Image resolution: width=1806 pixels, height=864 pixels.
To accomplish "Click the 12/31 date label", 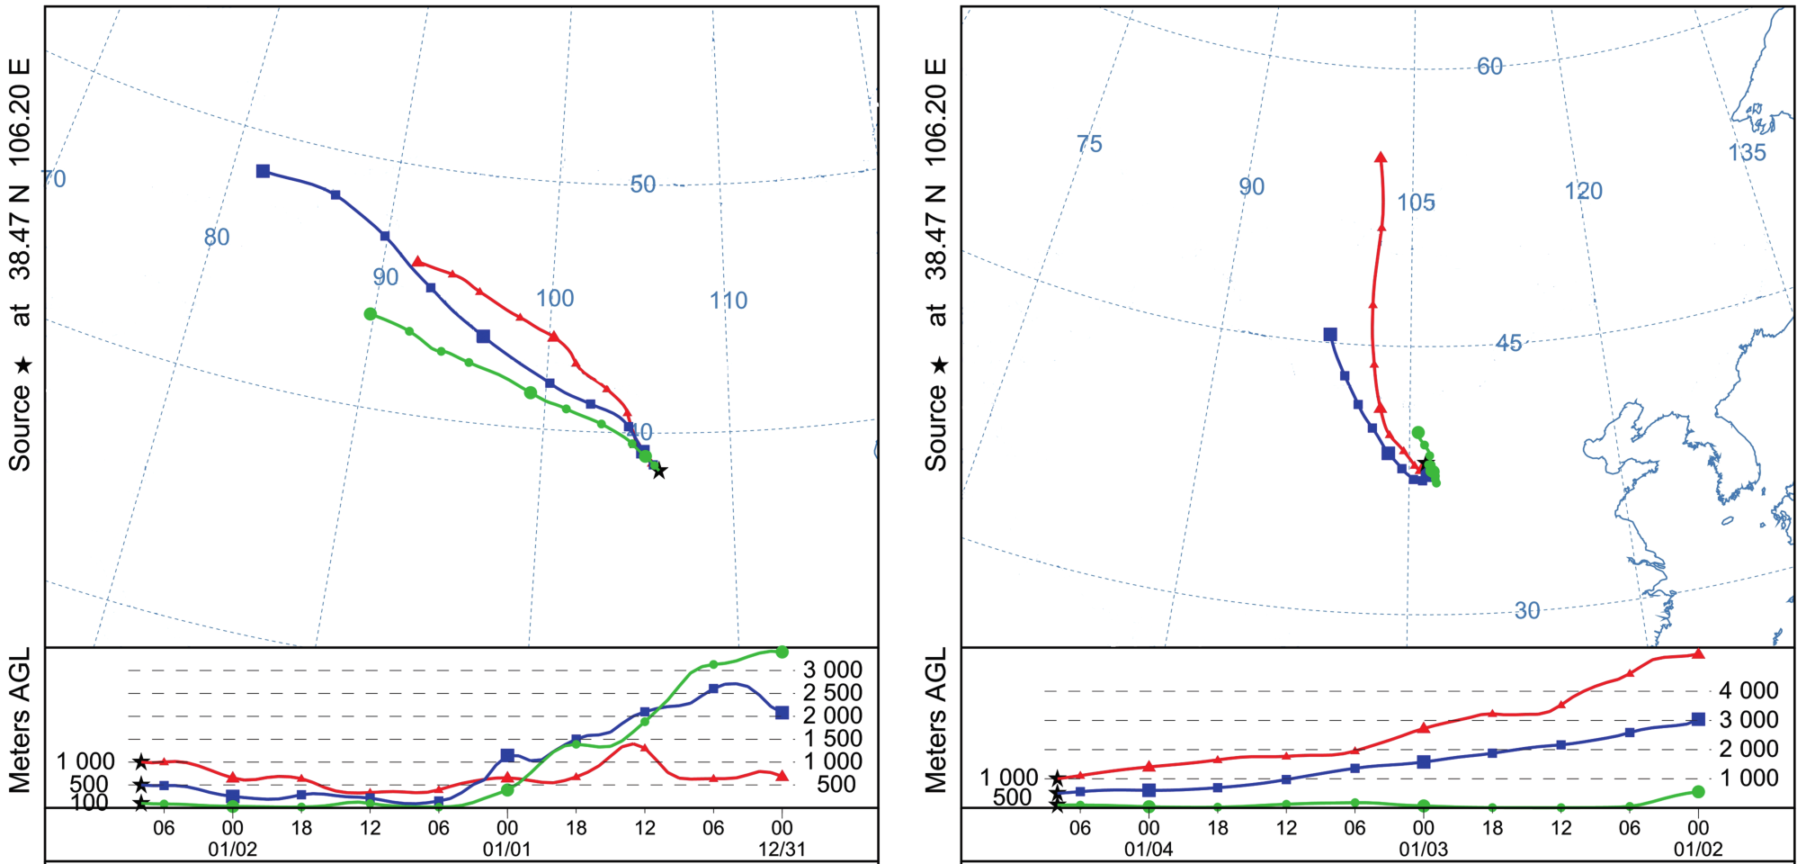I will [x=782, y=849].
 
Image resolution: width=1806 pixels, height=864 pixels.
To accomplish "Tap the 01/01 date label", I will [x=506, y=849].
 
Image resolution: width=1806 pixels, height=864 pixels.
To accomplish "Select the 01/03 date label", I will [x=1423, y=849].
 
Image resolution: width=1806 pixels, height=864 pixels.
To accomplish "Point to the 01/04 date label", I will [x=1149, y=849].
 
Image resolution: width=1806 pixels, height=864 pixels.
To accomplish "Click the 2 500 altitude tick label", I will [x=832, y=693].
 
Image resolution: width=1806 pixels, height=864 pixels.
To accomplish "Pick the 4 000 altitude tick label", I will [x=1748, y=690].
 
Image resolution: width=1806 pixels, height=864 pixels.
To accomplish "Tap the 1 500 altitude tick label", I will [x=832, y=739].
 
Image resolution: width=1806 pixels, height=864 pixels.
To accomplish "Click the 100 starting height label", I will [x=90, y=803].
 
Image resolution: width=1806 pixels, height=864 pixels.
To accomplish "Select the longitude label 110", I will [x=729, y=301].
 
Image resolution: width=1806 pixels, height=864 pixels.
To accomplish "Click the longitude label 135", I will [x=1747, y=153].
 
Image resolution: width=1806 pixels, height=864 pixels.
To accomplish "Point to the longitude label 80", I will [x=217, y=238].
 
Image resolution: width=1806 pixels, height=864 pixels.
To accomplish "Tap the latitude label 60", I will [x=1489, y=67].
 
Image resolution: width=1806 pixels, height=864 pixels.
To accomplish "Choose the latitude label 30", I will [x=1526, y=611].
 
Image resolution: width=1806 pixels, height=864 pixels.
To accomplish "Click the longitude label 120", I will [x=1583, y=191].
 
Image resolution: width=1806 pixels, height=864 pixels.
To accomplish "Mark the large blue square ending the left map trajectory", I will [x=263, y=171].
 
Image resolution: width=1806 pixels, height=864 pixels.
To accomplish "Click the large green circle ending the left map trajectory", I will [x=370, y=314].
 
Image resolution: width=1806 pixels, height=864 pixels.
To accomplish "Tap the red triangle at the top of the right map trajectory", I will [x=1381, y=157].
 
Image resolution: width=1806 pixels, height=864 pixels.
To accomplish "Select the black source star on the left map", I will [x=659, y=471].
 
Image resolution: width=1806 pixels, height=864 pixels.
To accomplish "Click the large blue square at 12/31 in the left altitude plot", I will [x=782, y=713].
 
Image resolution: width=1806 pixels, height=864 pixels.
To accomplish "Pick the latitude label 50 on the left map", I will [x=642, y=184].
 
